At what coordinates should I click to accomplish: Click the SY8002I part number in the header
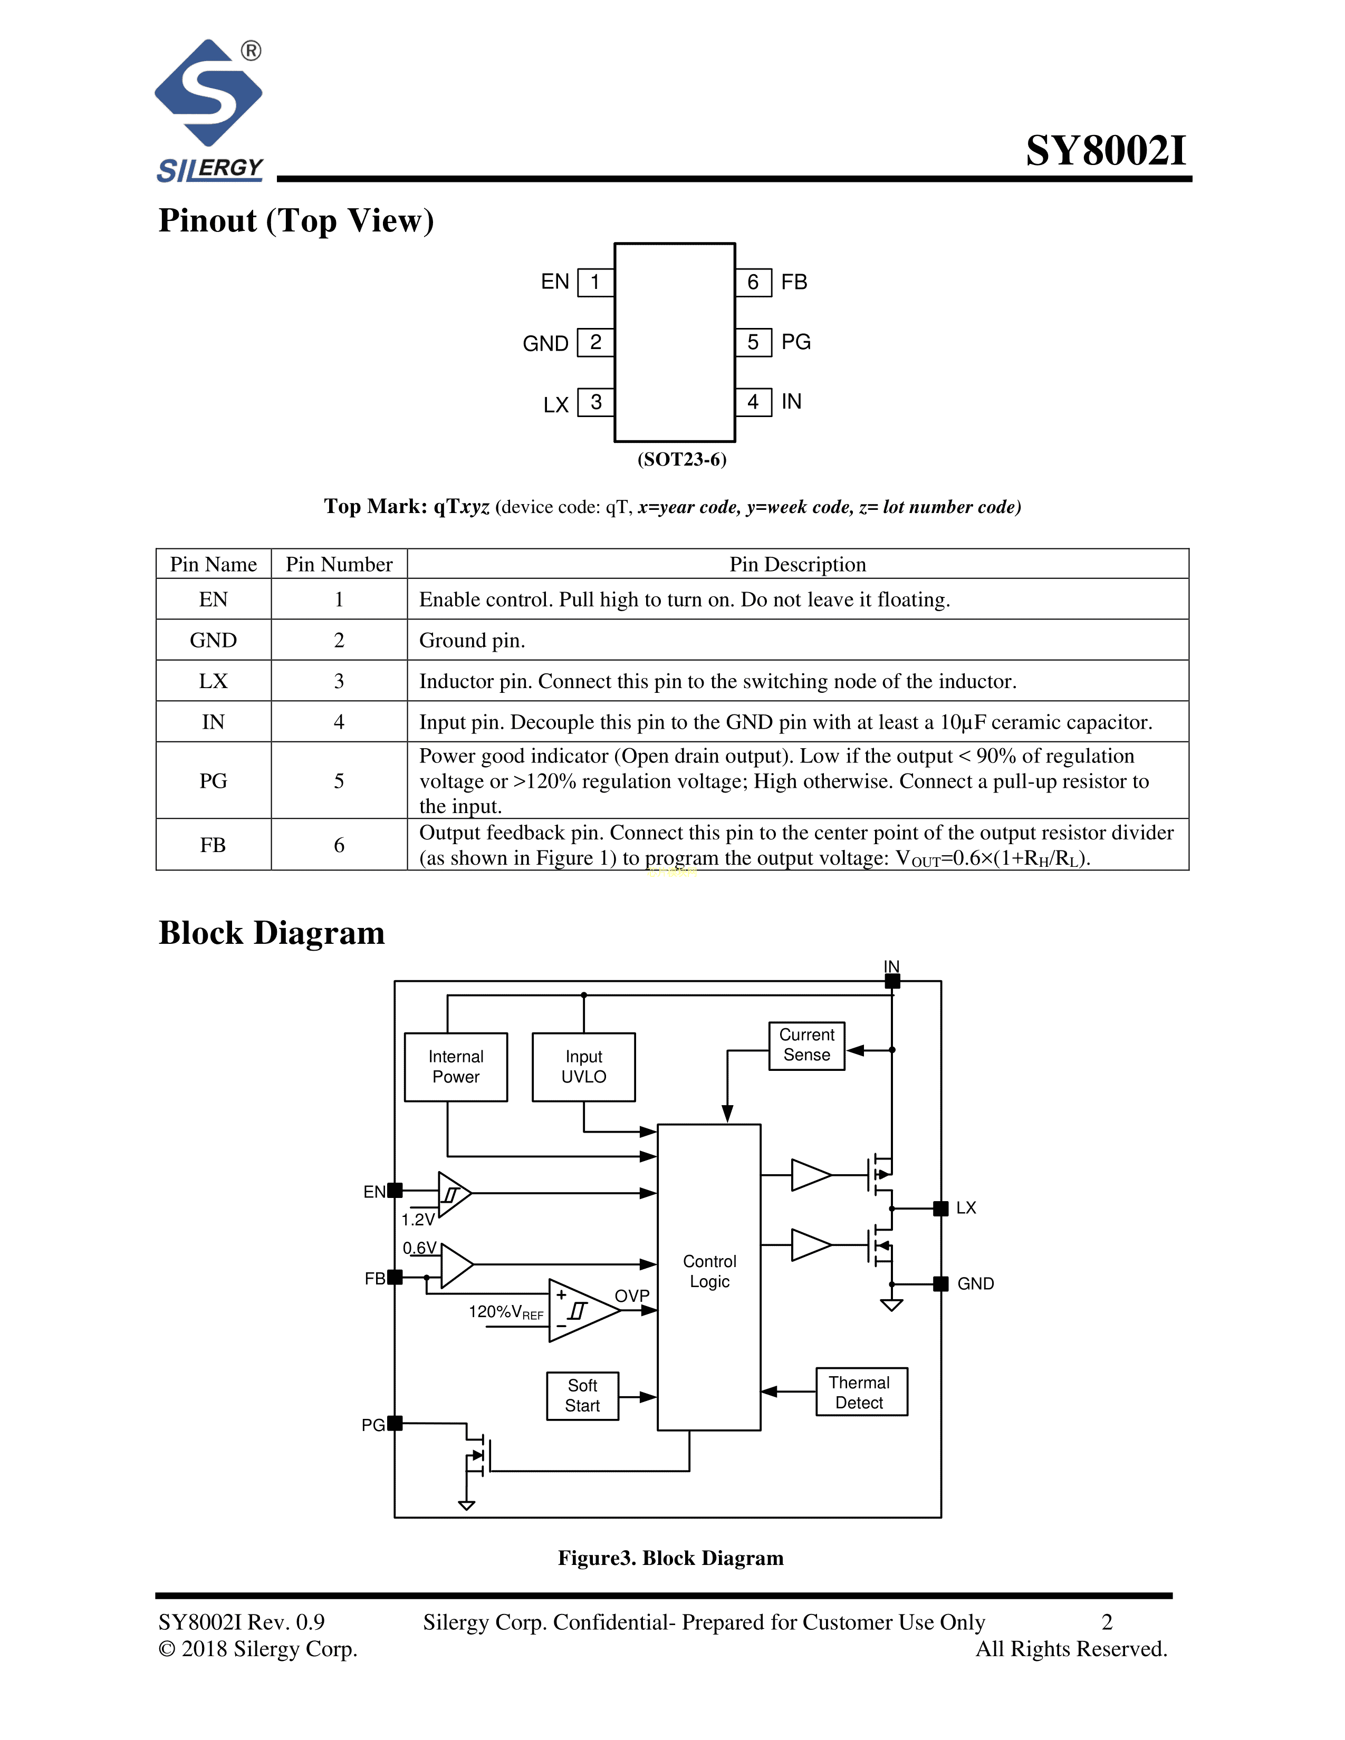tap(1106, 151)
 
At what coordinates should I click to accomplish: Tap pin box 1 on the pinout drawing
tap(595, 283)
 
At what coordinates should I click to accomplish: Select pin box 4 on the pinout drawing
tap(753, 402)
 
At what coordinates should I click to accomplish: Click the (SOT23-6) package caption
tap(681, 460)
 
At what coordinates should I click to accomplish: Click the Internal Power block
tap(456, 1067)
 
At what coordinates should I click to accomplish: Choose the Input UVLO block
tap(583, 1067)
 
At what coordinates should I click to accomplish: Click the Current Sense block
tap(806, 1045)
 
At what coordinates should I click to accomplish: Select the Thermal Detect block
tap(861, 1393)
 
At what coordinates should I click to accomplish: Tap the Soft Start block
tap(582, 1396)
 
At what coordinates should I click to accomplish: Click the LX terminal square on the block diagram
tap(940, 1209)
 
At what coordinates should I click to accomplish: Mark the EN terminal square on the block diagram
tap(395, 1190)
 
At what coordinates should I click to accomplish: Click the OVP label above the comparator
tap(632, 1296)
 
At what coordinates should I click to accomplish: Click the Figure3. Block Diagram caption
tap(670, 1558)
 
